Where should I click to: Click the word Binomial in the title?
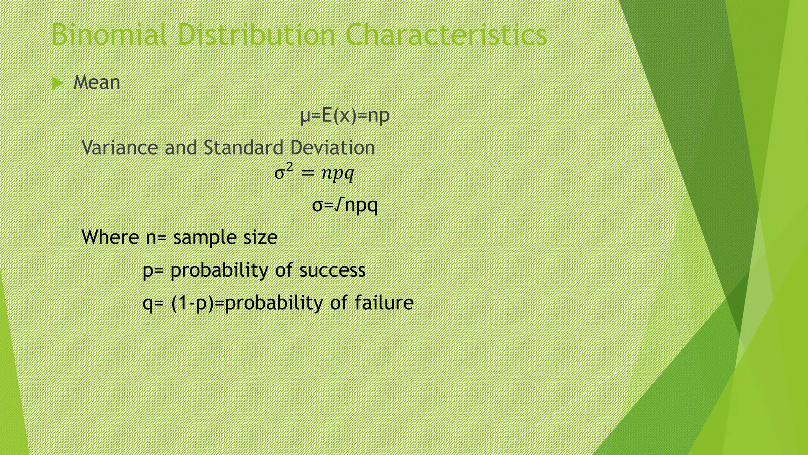pyautogui.click(x=111, y=35)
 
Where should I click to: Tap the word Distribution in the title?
pyautogui.click(x=256, y=35)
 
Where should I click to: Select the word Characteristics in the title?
pyautogui.click(x=446, y=35)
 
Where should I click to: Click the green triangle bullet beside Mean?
pyautogui.click(x=58, y=83)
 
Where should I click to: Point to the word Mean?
pyautogui.click(x=97, y=83)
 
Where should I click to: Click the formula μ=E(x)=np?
pyautogui.click(x=345, y=116)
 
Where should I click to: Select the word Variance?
pyautogui.click(x=120, y=148)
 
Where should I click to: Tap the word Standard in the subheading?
pyautogui.click(x=243, y=148)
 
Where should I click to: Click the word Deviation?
pyautogui.click(x=332, y=148)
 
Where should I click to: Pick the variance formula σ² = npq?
pyautogui.click(x=314, y=173)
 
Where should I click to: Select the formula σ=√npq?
pyautogui.click(x=345, y=205)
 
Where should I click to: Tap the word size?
pyautogui.click(x=260, y=237)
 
